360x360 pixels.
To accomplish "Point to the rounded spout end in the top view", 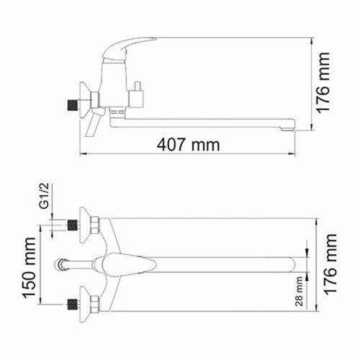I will [x=295, y=264].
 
